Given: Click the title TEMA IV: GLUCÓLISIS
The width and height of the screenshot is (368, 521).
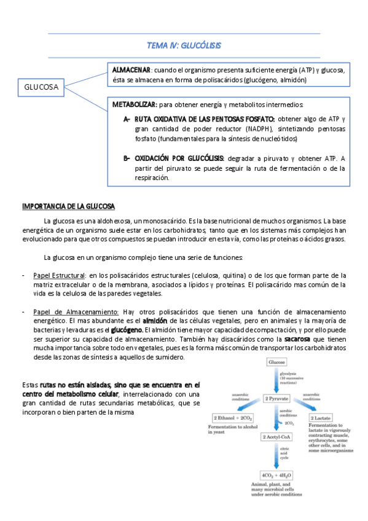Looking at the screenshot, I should [184, 45].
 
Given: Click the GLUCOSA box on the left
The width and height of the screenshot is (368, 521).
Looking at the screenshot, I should [41, 87].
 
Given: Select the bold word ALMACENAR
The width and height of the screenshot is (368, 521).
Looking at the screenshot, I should [131, 69].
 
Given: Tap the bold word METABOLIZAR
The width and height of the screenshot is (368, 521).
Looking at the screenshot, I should [135, 105].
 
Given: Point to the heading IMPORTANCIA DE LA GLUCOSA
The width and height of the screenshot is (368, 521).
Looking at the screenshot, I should [69, 205].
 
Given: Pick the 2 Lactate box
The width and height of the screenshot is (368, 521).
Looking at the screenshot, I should [324, 417].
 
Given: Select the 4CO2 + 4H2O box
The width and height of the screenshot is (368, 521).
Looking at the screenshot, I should [276, 474].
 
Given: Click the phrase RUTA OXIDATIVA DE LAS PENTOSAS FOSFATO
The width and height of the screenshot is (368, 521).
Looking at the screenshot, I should [205, 119].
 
